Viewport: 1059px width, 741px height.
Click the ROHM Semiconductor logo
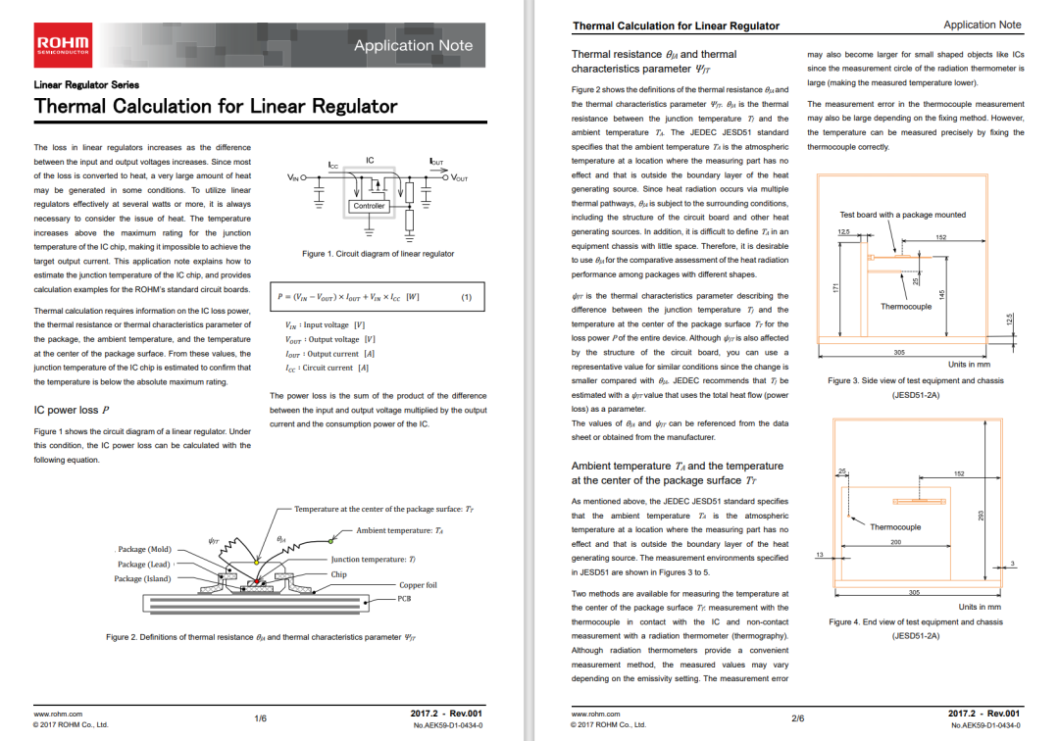pyautogui.click(x=63, y=45)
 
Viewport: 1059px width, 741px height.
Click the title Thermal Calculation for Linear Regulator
pyautogui.click(x=216, y=106)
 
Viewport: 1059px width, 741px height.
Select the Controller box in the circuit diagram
pyautogui.click(x=369, y=206)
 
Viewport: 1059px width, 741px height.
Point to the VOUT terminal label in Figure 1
pyautogui.click(x=459, y=177)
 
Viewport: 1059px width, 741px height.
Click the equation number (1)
pyautogui.click(x=467, y=297)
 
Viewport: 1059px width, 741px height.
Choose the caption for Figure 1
pyautogui.click(x=378, y=254)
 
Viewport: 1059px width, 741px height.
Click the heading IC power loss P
pyautogui.click(x=71, y=410)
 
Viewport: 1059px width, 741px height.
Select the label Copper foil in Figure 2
pyautogui.click(x=418, y=585)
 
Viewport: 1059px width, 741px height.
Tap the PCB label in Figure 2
pyautogui.click(x=404, y=597)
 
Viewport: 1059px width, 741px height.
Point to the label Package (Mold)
pyautogui.click(x=144, y=549)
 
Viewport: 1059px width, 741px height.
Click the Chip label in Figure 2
pyautogui.click(x=338, y=574)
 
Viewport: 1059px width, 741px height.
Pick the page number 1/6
pyautogui.click(x=260, y=718)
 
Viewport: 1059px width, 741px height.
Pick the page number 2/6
pyautogui.click(x=797, y=718)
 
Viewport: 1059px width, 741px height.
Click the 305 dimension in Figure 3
pyautogui.click(x=899, y=352)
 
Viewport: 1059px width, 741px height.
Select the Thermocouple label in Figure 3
pyautogui.click(x=905, y=307)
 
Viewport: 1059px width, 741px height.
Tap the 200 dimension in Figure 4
pyautogui.click(x=894, y=542)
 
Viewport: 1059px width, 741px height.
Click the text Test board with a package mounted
pyautogui.click(x=902, y=215)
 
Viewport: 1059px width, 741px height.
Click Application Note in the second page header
pyautogui.click(x=982, y=25)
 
